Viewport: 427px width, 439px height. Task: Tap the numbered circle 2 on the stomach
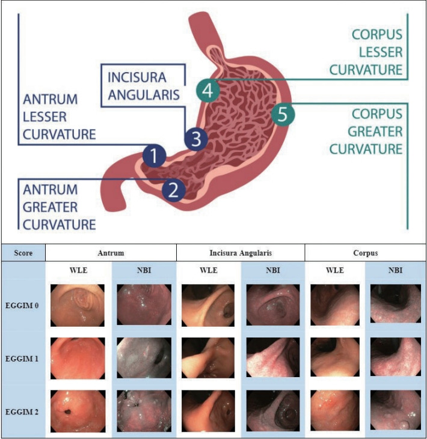pos(173,190)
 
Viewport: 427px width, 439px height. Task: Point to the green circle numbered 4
pos(207,91)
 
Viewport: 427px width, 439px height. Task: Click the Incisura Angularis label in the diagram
pos(145,87)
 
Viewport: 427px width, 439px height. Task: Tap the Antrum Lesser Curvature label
pos(59,117)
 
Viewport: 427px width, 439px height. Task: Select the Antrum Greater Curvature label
pos(59,207)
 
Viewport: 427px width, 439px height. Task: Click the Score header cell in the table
pos(23,253)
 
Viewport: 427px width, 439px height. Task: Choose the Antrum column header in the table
pos(110,253)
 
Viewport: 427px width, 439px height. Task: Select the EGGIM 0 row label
pos(23,305)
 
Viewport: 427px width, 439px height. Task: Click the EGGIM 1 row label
pos(23,358)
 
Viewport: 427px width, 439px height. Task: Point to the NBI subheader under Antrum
pos(144,270)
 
